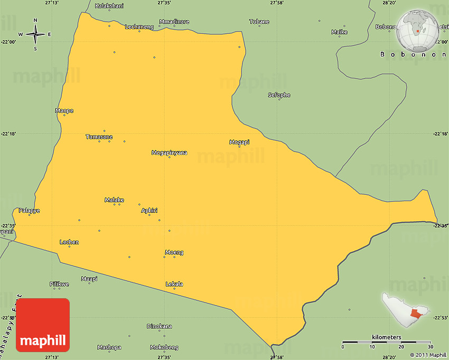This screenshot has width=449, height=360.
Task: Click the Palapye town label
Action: click(29, 211)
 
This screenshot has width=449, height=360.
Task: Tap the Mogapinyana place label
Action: click(169, 153)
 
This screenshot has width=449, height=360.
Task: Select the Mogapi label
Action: click(239, 142)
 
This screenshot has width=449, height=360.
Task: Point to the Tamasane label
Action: click(99, 137)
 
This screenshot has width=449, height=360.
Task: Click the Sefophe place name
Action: click(279, 95)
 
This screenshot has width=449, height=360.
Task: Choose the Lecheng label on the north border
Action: click(139, 26)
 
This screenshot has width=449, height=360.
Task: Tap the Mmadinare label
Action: click(174, 22)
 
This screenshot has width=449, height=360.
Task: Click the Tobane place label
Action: click(259, 22)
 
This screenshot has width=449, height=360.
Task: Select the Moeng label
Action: click(174, 252)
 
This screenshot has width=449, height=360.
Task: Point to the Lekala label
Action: click(174, 284)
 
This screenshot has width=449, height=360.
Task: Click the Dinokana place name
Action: click(159, 326)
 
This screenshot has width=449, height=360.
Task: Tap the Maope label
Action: click(64, 110)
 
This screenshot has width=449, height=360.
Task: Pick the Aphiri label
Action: click(149, 211)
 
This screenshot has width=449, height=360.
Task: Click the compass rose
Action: click(35, 35)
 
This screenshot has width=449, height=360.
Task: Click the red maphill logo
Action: click(43, 325)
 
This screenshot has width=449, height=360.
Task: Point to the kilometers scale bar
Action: click(386, 342)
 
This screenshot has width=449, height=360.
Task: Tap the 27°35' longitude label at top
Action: click(164, 3)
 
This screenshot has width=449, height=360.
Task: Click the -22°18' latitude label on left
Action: click(9, 134)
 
